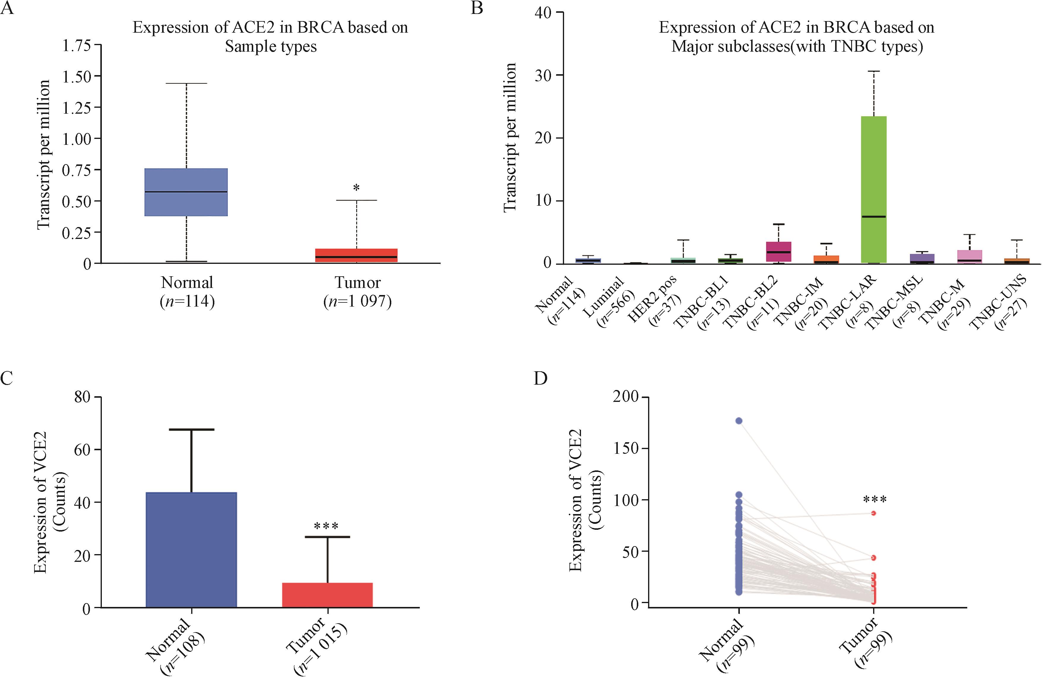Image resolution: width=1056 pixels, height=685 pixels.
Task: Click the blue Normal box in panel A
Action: (186, 192)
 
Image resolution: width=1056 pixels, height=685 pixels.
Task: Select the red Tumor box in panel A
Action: (357, 256)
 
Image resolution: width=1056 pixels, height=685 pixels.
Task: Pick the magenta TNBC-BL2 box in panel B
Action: (779, 252)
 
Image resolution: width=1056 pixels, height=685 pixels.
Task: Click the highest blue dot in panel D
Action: (739, 421)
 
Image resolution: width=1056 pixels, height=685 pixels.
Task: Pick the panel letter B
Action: (477, 8)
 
